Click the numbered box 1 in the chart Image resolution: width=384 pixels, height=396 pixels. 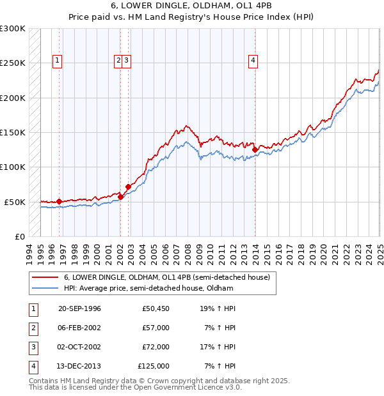point(57,61)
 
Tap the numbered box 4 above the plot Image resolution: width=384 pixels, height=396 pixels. point(253,61)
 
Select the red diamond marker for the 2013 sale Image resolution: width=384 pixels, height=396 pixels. point(255,150)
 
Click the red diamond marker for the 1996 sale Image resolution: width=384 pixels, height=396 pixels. point(59,202)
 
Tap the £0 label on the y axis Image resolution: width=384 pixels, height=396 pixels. point(19,236)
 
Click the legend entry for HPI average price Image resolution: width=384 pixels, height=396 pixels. point(148,288)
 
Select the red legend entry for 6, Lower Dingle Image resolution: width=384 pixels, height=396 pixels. point(167,277)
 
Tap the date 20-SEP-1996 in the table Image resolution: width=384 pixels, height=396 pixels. point(80,308)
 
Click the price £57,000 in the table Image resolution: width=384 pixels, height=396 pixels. point(156,328)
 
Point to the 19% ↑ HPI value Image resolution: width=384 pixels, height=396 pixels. point(218,308)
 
